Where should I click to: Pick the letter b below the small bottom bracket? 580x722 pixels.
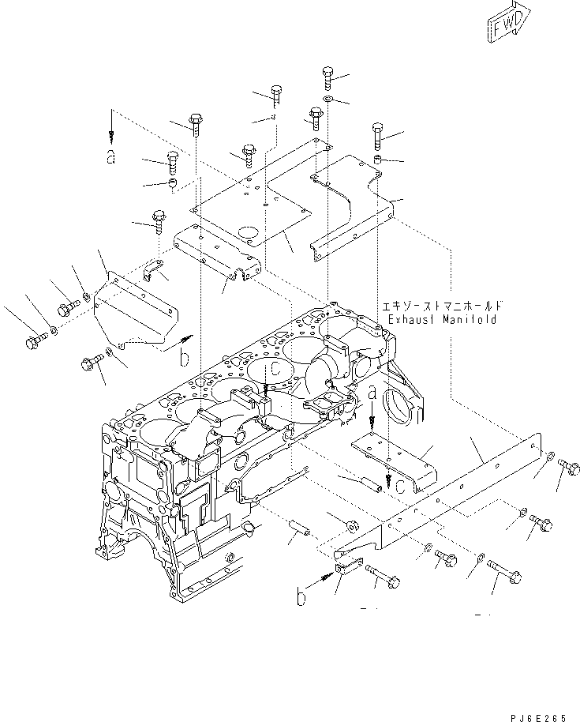click(301, 598)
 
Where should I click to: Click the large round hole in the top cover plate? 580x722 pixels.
click(252, 235)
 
